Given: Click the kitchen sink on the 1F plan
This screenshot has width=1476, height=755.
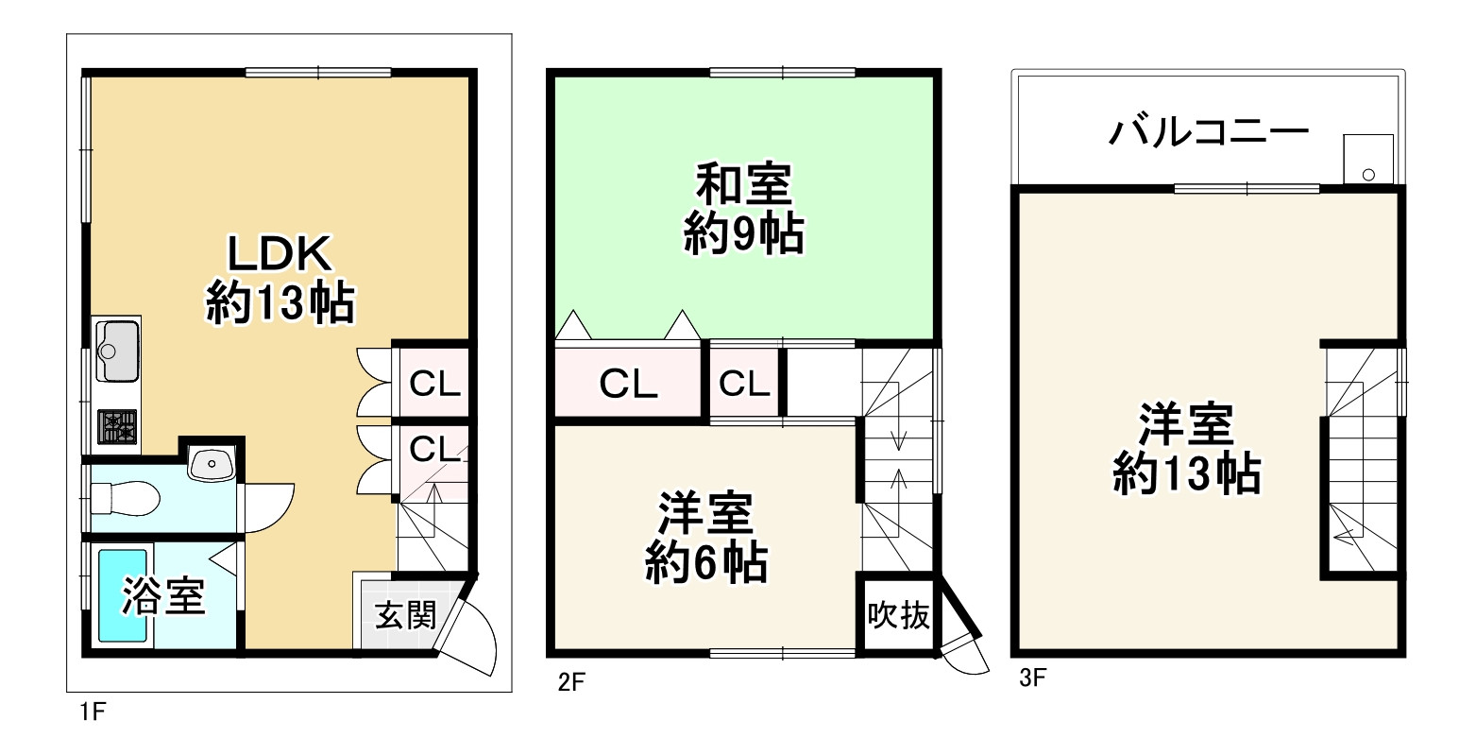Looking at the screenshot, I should point(117,350).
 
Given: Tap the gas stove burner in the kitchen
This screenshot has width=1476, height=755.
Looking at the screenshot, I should point(118,426).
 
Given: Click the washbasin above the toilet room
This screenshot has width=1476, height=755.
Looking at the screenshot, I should point(211,463).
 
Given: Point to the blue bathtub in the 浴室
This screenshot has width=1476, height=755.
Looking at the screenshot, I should point(123,596).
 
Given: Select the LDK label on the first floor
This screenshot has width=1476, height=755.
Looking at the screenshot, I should point(279,254).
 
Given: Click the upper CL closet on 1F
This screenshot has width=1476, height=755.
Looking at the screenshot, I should point(434,383).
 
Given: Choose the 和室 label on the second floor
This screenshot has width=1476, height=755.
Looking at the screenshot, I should point(743,185).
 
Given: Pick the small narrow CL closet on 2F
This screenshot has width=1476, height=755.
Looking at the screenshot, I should point(745,383).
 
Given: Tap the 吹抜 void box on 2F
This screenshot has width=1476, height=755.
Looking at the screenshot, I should point(898,616).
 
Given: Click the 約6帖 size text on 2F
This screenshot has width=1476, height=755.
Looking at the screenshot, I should point(705,564).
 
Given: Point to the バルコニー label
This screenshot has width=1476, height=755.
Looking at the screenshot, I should point(1209,131).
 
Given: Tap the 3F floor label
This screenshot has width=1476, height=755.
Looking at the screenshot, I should point(1032,678).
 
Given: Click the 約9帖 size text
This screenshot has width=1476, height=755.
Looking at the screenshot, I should point(743,234).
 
